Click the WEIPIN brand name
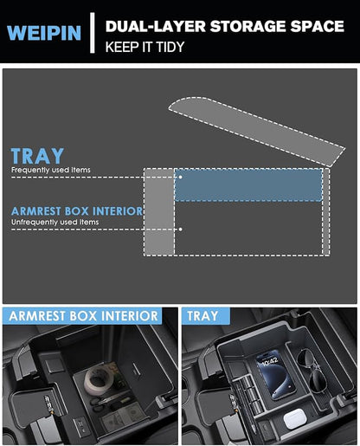click(44, 33)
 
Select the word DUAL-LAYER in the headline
click(156, 26)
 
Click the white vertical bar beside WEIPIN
click(93, 33)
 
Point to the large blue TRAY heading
click(37, 156)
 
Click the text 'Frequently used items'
click(51, 170)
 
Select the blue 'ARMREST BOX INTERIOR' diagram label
click(77, 211)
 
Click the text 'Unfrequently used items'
click(55, 222)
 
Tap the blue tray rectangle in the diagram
click(248, 185)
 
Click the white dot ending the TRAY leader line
click(180, 177)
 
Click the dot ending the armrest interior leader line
click(180, 229)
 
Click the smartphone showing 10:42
click(275, 375)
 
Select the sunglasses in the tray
click(312, 371)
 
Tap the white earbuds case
click(294, 418)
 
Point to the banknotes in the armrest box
click(124, 417)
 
